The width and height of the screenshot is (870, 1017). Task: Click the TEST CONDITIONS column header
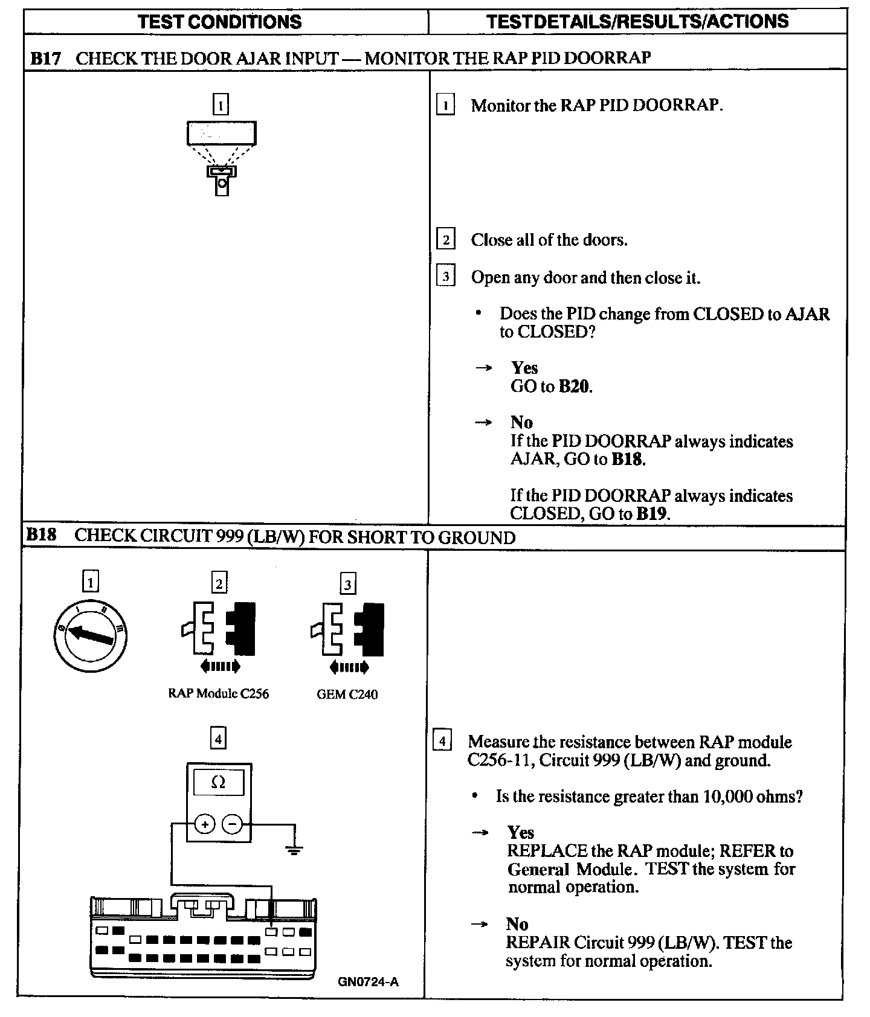tap(220, 22)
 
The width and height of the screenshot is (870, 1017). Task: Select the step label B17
tap(46, 58)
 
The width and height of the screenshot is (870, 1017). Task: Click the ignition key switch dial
tap(90, 635)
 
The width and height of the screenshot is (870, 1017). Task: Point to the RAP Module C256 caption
tap(218, 693)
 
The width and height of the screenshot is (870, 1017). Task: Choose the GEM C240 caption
tap(347, 694)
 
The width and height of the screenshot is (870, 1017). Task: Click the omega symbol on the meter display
tap(218, 783)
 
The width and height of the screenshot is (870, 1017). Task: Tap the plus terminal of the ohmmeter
tap(205, 824)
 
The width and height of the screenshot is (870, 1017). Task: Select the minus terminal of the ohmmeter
tap(232, 824)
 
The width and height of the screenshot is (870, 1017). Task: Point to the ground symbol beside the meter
tap(294, 850)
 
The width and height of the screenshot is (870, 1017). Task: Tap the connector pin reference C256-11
tap(498, 760)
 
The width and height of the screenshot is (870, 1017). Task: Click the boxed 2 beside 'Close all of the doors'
tap(445, 240)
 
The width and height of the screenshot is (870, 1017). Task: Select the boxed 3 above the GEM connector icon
tap(347, 584)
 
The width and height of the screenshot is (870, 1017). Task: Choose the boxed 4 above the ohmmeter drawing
tap(218, 738)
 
